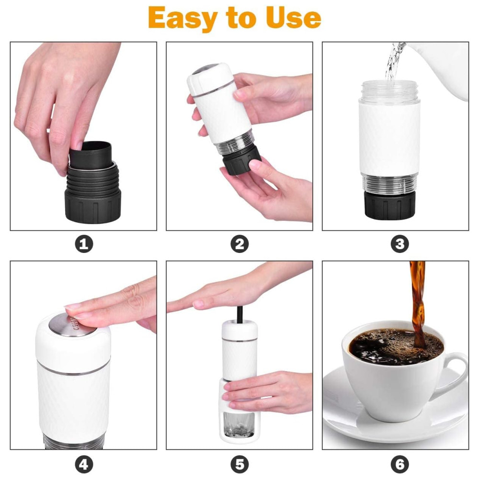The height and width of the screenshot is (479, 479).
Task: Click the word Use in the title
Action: pyautogui.click(x=293, y=18)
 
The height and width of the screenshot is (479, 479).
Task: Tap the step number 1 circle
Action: pyautogui.click(x=84, y=244)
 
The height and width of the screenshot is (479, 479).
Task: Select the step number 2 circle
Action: pyautogui.click(x=239, y=244)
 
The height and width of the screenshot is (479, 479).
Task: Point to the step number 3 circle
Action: pyautogui.click(x=399, y=244)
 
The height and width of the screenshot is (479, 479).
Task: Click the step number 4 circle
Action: pyautogui.click(x=84, y=465)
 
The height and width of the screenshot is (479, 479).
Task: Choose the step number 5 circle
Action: pyautogui.click(x=239, y=465)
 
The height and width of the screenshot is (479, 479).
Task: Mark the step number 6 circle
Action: pyautogui.click(x=399, y=465)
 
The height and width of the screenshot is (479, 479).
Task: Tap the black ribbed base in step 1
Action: pyautogui.click(x=93, y=195)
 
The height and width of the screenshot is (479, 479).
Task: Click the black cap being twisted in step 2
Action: pyautogui.click(x=241, y=160)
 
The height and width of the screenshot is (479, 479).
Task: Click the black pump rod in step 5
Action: pyautogui.click(x=240, y=315)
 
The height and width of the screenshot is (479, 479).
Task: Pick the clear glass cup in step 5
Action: pyautogui.click(x=239, y=424)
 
